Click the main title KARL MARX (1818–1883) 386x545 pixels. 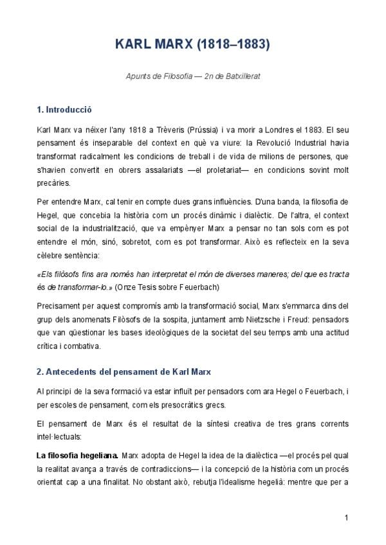192,45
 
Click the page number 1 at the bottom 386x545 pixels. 346,518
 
